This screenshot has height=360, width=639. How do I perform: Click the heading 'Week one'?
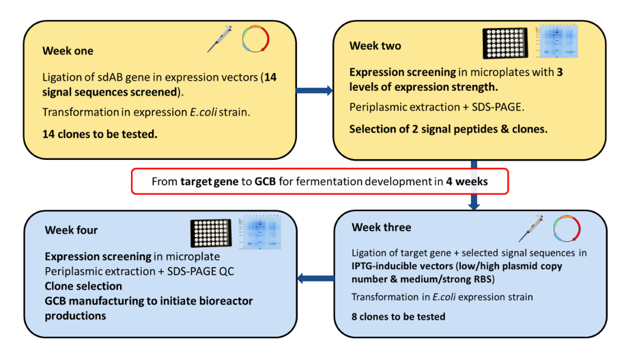68,51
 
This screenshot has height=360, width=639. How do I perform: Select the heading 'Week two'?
375,46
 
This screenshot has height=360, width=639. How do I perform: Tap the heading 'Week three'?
380,227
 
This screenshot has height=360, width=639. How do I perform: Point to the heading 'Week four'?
71,230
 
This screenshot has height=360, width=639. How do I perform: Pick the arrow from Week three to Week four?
315,278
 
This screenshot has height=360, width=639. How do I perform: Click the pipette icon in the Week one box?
220,39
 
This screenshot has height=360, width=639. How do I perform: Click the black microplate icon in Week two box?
507,43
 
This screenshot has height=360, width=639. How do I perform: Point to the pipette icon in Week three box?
530,228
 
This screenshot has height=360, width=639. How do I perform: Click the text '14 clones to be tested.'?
100,134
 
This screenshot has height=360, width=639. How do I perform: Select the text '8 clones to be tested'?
399,316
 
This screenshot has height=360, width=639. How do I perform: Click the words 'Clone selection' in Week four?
83,286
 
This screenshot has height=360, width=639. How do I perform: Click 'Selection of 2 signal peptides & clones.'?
448,128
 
